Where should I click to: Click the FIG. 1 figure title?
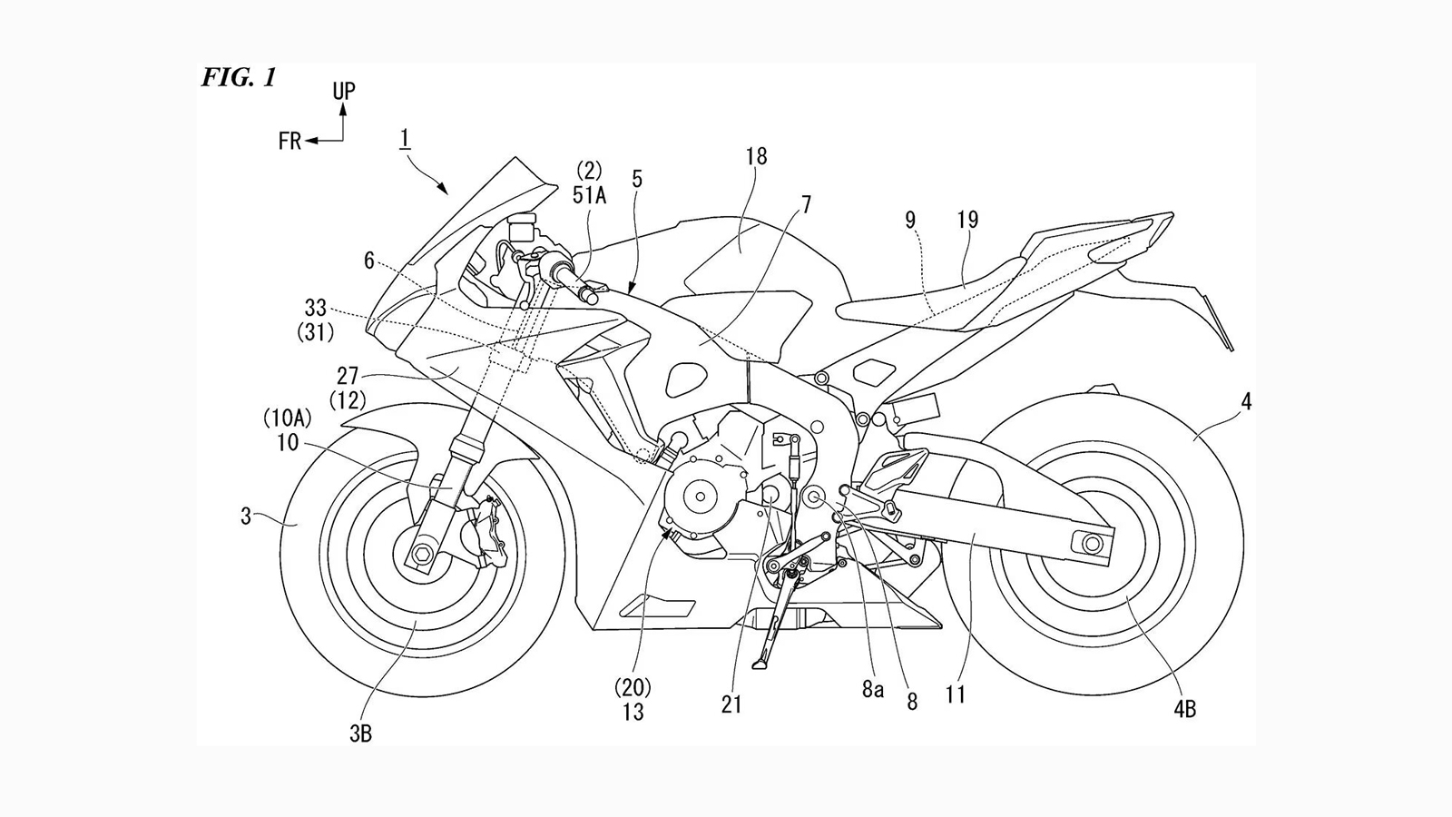click(239, 78)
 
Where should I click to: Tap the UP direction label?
click(343, 91)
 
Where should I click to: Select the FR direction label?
click(289, 142)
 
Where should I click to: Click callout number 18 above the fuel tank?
click(756, 157)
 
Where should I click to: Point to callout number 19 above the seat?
click(967, 220)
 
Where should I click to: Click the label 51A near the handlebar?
click(589, 193)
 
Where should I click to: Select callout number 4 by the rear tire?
click(1246, 400)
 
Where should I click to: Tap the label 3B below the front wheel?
click(360, 733)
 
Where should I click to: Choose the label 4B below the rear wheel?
click(1183, 709)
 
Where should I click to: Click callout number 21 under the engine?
click(731, 704)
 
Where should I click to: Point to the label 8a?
click(872, 690)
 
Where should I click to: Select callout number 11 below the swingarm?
click(955, 695)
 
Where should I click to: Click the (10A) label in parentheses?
click(287, 418)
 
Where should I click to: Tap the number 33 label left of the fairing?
click(315, 310)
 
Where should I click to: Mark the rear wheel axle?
click(1088, 543)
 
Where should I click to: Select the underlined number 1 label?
click(404, 138)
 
